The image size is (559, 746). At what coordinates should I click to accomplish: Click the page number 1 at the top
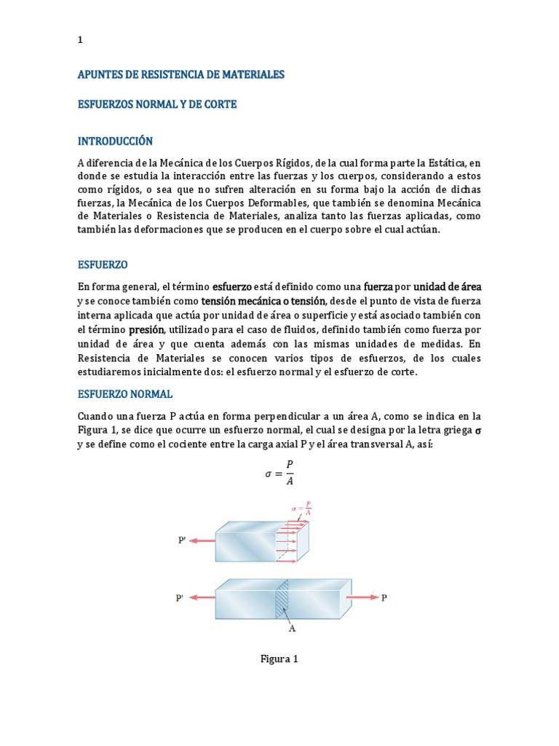tap(80, 41)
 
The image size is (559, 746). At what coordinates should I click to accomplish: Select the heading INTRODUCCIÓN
tap(115, 141)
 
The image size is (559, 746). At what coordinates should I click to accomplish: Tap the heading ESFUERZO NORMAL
tap(125, 394)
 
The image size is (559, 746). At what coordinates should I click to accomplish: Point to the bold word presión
tap(148, 329)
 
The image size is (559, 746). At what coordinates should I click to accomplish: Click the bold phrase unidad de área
tap(447, 286)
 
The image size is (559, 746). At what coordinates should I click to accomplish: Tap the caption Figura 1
tap(279, 659)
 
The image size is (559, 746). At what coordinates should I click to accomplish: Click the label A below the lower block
tap(292, 628)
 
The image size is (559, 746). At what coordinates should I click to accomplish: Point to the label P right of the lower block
tap(384, 597)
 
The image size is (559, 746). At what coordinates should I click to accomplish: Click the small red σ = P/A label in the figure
tap(302, 508)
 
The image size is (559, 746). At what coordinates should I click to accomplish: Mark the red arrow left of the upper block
tap(203, 541)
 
